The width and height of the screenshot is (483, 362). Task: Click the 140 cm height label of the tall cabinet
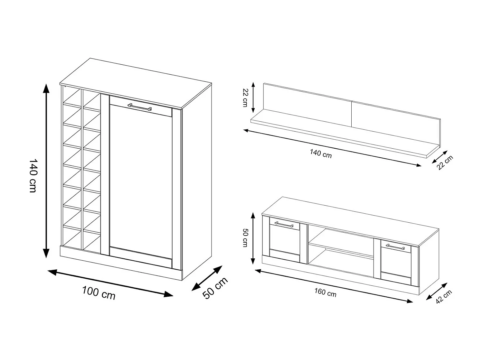(33, 176)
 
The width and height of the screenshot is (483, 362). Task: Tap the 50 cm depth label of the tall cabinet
(215, 288)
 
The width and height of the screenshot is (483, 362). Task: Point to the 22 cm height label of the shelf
(245, 97)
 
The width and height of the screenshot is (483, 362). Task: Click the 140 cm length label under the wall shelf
(321, 153)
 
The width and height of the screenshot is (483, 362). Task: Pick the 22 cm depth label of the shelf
(445, 162)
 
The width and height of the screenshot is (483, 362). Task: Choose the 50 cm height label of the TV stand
(245, 237)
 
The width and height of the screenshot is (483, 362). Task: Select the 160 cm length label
(325, 292)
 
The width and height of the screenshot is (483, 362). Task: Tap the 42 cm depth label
(444, 297)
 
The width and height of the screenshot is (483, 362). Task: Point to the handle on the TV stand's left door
(284, 224)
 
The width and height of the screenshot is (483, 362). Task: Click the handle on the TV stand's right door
(395, 247)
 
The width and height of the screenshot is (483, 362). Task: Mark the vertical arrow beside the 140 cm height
(46, 171)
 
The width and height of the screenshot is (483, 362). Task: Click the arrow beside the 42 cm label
(437, 291)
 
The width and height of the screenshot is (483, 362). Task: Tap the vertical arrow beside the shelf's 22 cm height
(253, 97)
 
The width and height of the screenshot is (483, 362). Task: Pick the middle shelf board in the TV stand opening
(341, 250)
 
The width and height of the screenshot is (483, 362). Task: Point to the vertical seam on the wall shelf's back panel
(351, 114)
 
